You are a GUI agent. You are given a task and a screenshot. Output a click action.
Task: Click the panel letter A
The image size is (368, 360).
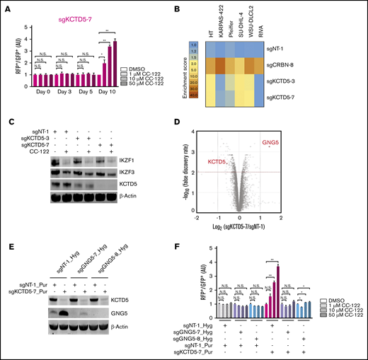pyautogui.click(x=6, y=6)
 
